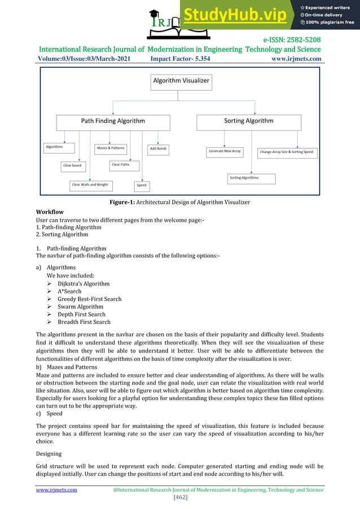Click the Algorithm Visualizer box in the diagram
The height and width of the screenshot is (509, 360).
(181, 81)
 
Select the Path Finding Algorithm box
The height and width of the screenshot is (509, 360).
(113, 121)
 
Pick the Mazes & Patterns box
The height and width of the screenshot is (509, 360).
(110, 148)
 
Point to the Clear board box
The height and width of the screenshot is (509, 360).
(72, 166)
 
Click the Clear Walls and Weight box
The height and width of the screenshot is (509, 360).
(90, 185)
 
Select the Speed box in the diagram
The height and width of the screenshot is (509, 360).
(142, 185)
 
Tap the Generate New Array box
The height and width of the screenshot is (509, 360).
(225, 151)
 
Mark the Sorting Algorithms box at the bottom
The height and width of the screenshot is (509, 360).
(252, 178)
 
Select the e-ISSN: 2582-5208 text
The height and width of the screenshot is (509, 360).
(292, 40)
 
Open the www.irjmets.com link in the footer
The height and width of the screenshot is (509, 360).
(56, 490)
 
